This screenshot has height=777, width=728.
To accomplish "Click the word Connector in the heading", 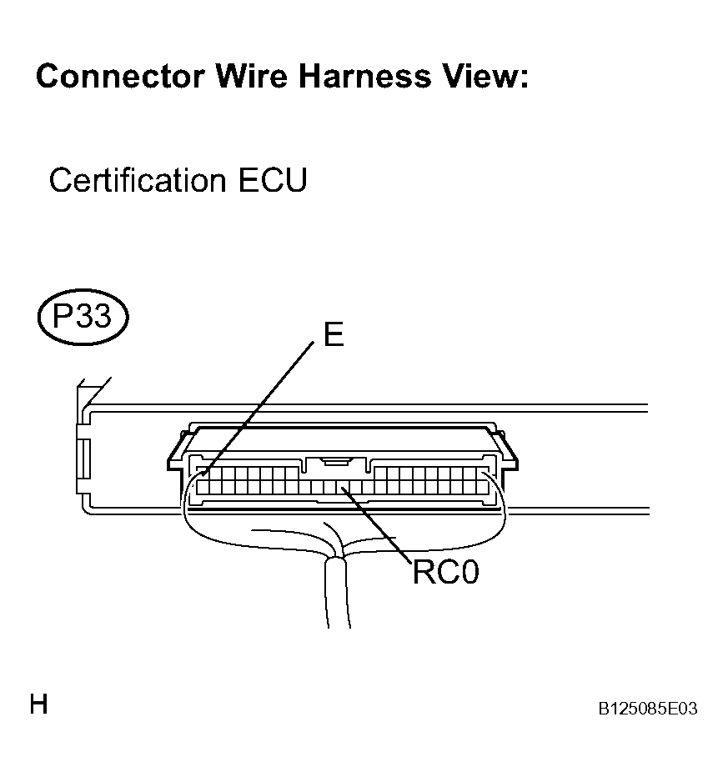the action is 120,77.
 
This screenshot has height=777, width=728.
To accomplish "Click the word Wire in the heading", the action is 252,77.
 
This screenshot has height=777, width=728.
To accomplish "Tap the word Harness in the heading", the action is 364,77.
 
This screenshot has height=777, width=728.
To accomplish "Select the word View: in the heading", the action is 485,77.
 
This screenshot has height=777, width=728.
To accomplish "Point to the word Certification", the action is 138,180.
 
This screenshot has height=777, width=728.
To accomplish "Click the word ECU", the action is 273,180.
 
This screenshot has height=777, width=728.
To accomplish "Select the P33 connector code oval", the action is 83,317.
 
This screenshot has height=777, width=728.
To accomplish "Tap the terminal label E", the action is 334,334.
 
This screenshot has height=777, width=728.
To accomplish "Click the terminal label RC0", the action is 446,572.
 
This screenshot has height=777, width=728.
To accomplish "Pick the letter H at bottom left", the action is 38,704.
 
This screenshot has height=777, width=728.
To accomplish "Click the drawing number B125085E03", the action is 648,709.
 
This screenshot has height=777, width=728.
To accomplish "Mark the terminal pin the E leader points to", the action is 203,474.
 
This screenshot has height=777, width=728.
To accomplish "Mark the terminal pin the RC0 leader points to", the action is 343,488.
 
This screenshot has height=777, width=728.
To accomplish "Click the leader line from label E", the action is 259,409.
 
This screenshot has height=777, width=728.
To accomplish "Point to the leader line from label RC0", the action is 376,525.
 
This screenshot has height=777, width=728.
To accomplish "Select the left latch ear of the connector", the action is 175,456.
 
